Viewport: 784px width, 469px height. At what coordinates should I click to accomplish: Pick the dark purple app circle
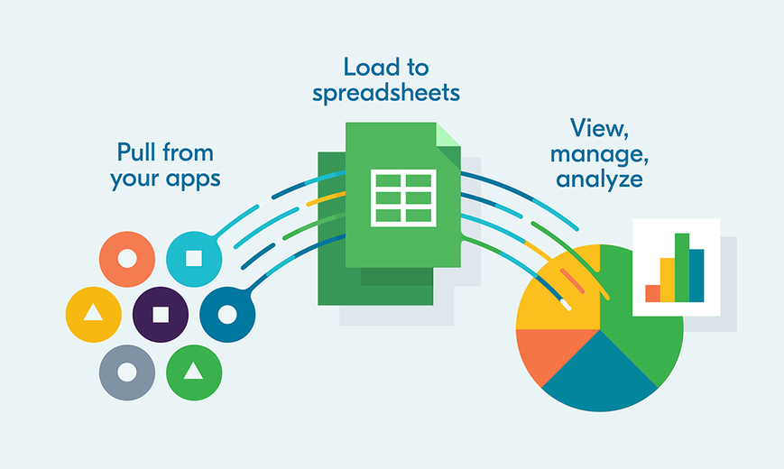pos(161,315)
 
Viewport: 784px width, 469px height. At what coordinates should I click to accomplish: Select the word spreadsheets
pos(386,94)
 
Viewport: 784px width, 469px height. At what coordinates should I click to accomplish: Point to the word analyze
pos(599,179)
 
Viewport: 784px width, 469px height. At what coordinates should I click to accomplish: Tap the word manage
pos(598,154)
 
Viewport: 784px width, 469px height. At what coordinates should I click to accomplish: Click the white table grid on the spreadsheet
pos(403,198)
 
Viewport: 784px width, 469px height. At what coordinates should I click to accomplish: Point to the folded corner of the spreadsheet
pos(447,135)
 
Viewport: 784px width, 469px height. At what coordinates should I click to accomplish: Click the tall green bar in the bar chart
pos(682,268)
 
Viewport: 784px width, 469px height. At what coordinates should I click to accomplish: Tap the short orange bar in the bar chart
pos(652,293)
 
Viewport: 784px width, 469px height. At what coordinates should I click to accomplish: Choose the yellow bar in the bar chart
pos(668,280)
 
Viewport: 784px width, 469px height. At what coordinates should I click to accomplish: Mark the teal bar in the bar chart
pos(696,275)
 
